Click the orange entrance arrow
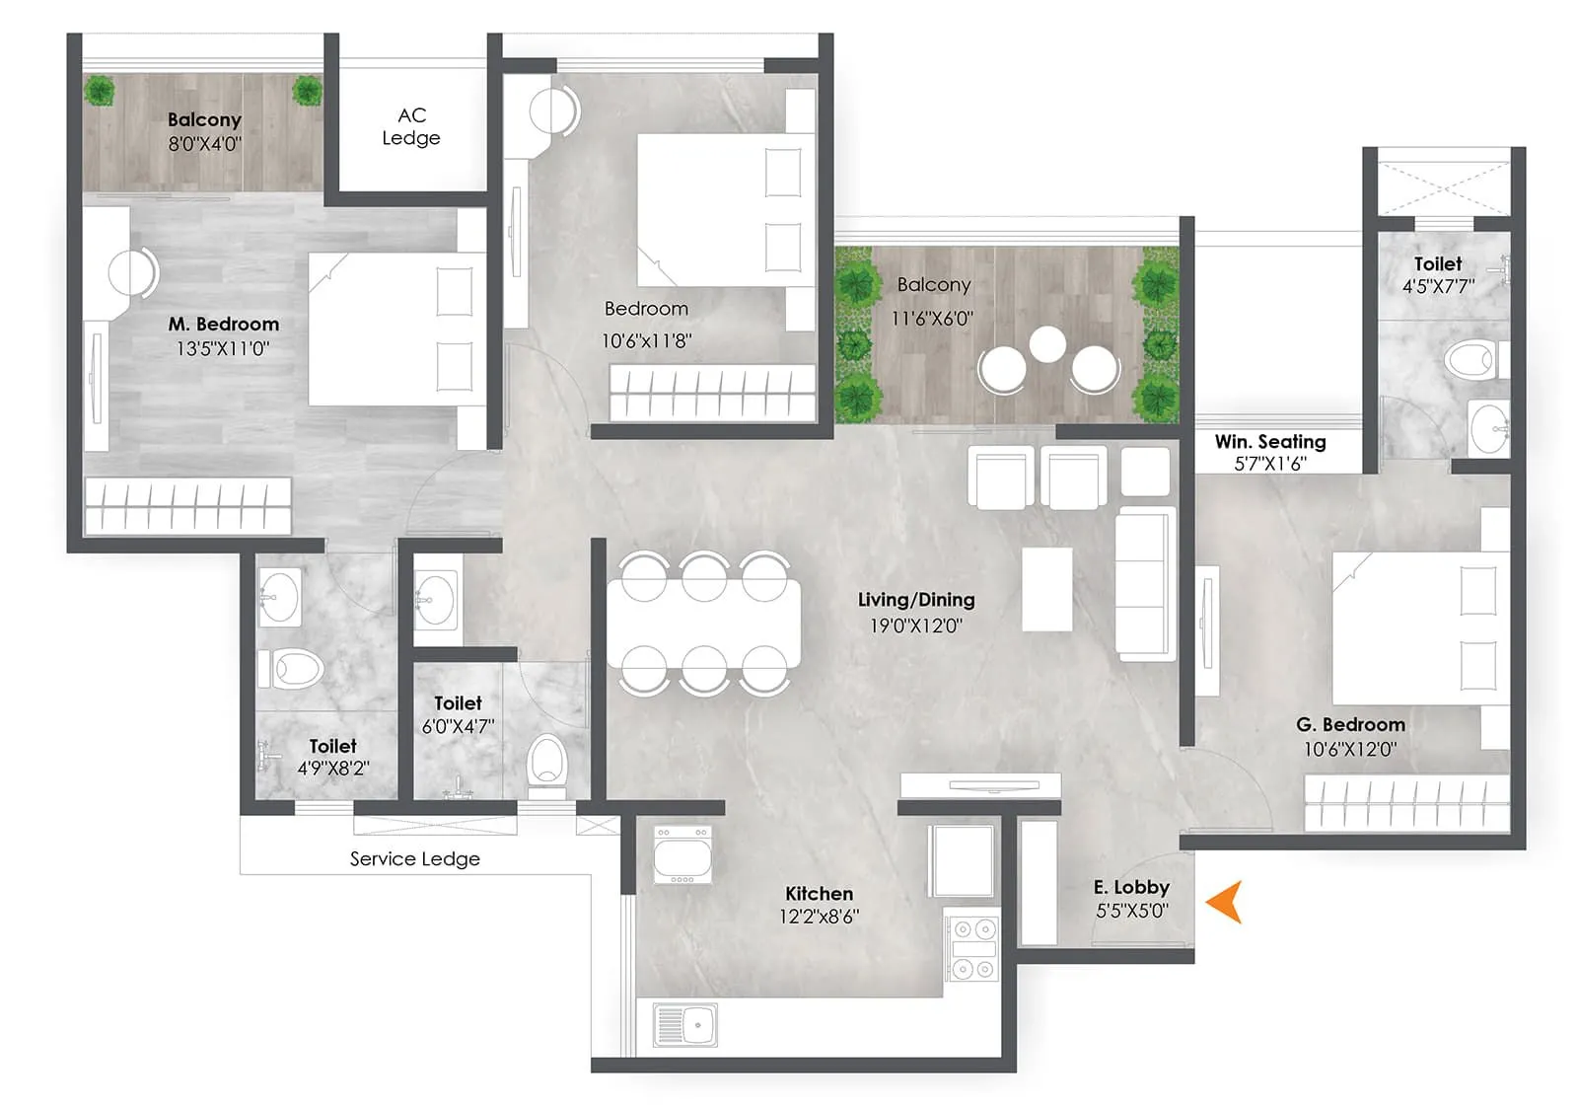pyautogui.click(x=1225, y=902)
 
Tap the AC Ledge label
pyautogui.click(x=411, y=127)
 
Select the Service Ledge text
pyautogui.click(x=414, y=859)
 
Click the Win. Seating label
pyautogui.click(x=1270, y=442)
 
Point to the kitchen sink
pyautogui.click(x=685, y=1024)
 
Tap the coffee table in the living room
pyautogui.click(x=1046, y=589)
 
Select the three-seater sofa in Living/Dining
pyautogui.click(x=1144, y=584)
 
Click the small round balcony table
pyautogui.click(x=1046, y=344)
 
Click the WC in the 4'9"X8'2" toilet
pyautogui.click(x=293, y=669)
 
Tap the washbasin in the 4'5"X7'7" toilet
pyautogui.click(x=1488, y=428)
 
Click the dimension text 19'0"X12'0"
pyautogui.click(x=915, y=626)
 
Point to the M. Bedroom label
pyautogui.click(x=224, y=324)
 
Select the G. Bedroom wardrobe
pyautogui.click(x=1406, y=803)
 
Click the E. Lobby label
pyautogui.click(x=1131, y=887)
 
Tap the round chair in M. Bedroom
pyautogui.click(x=132, y=272)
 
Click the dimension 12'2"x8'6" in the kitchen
pyautogui.click(x=819, y=916)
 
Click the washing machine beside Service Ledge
pyautogui.click(x=682, y=854)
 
